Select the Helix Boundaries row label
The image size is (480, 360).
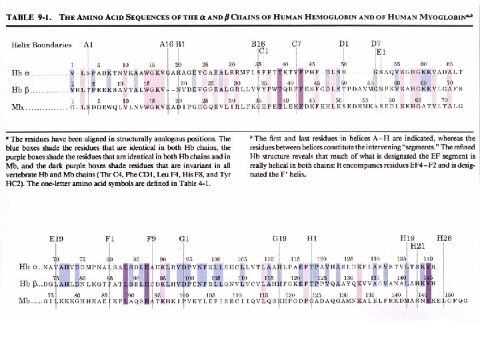41,45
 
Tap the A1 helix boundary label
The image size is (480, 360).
89,45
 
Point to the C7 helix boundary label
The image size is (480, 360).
297,44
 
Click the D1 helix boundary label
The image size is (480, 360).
343,44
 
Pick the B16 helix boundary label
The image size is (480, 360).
258,44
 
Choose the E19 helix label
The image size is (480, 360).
57,238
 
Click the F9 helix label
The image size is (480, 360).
151,238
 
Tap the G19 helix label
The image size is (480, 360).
280,238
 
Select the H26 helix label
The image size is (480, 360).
444,238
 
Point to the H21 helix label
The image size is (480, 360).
417,245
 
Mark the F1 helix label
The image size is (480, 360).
110,238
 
